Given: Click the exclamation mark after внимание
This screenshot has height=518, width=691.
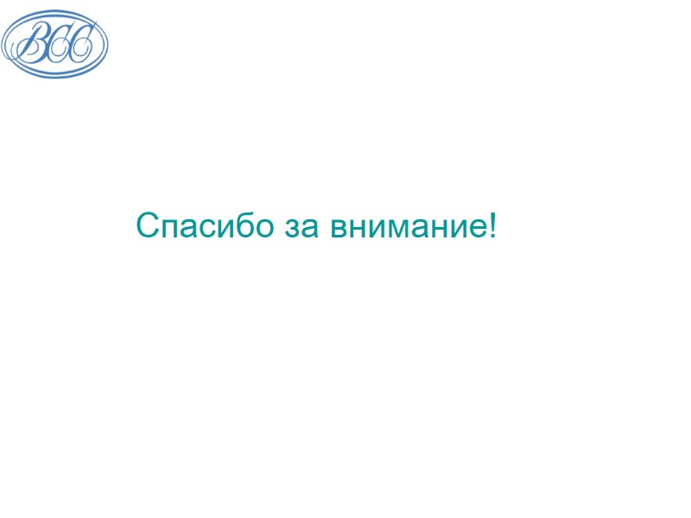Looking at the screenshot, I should (492, 226).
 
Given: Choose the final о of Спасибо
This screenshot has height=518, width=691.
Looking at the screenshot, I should (263, 230).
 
